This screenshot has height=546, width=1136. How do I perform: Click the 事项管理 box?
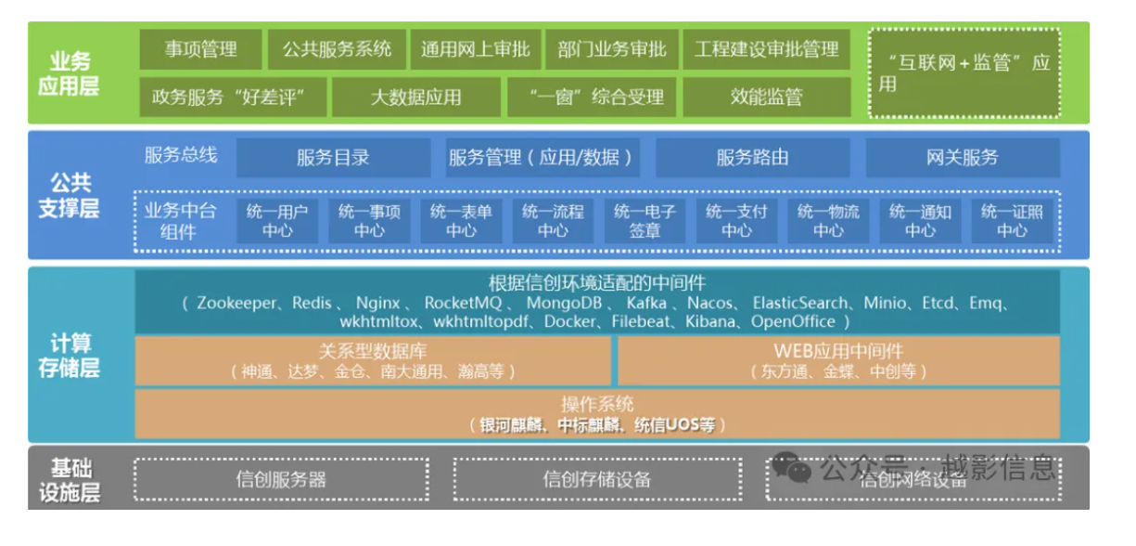(x=201, y=49)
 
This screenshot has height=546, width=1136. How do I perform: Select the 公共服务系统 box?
(x=337, y=49)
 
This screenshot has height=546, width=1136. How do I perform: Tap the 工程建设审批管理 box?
(x=766, y=49)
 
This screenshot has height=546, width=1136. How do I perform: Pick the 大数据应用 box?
(x=415, y=97)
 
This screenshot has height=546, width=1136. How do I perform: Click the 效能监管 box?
(x=766, y=97)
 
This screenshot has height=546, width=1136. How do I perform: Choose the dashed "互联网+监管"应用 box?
(x=964, y=73)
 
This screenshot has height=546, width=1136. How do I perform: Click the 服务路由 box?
(x=753, y=158)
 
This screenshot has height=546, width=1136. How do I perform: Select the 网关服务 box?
(x=963, y=158)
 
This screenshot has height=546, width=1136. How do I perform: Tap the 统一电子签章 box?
(x=645, y=221)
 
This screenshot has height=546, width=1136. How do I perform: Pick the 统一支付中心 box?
(x=736, y=221)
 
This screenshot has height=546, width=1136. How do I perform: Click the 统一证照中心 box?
(x=1012, y=221)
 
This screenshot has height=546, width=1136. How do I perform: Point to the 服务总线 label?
(x=181, y=155)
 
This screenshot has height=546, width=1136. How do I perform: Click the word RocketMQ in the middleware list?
(x=463, y=303)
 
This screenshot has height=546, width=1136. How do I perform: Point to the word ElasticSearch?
(x=799, y=303)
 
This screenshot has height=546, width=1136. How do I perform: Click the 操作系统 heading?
(x=597, y=404)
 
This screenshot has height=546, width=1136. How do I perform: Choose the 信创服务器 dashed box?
(x=282, y=479)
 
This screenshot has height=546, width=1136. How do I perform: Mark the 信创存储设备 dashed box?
(x=597, y=479)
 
